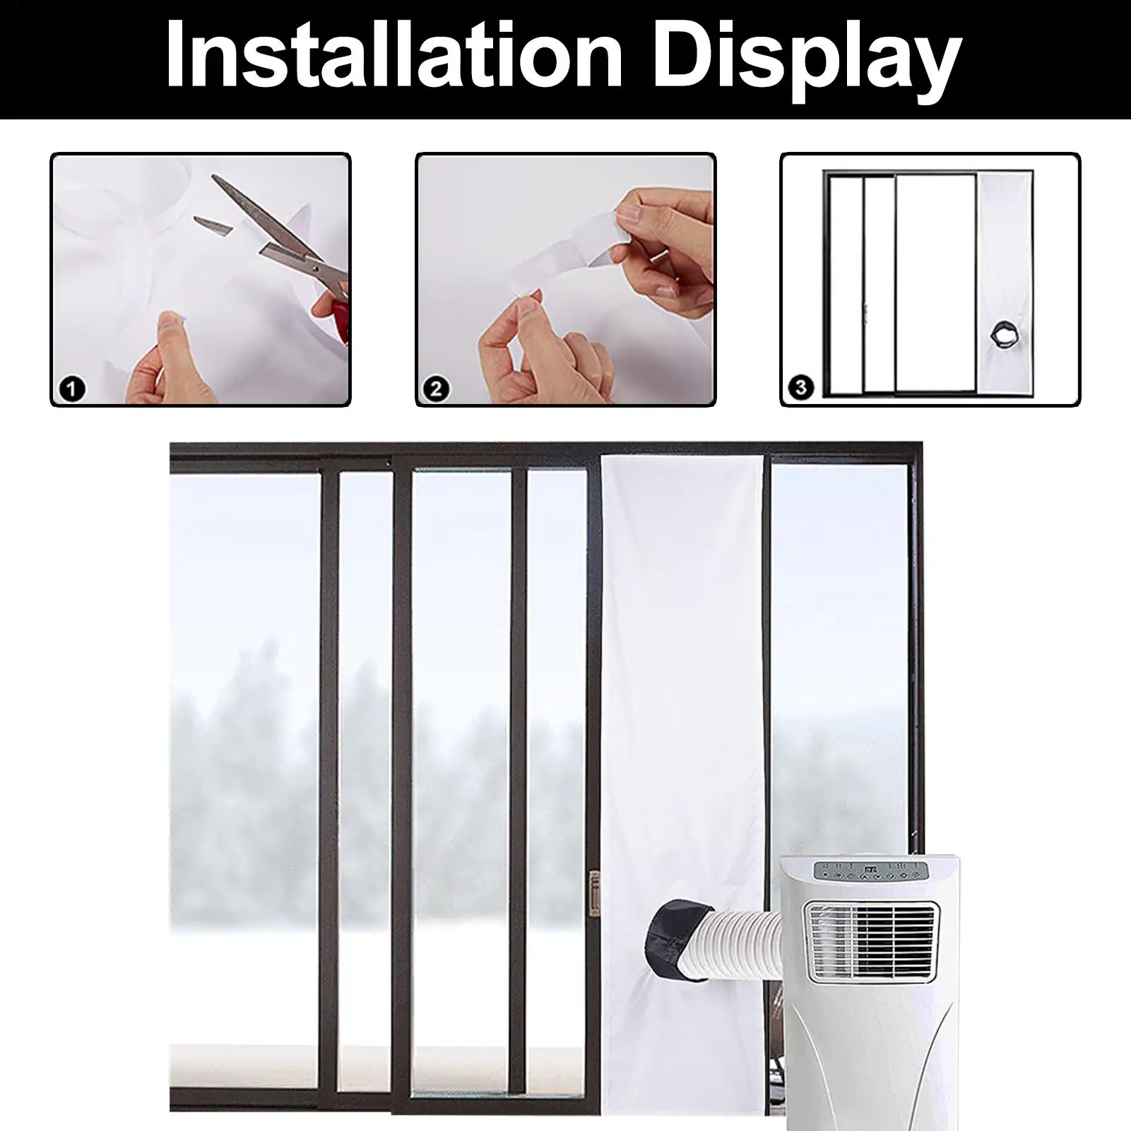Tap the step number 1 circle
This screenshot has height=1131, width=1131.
[73, 389]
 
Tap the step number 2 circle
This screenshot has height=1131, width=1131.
[436, 389]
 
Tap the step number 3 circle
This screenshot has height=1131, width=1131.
[800, 387]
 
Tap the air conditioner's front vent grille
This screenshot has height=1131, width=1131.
[873, 942]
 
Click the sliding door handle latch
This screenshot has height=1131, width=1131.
[593, 894]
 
